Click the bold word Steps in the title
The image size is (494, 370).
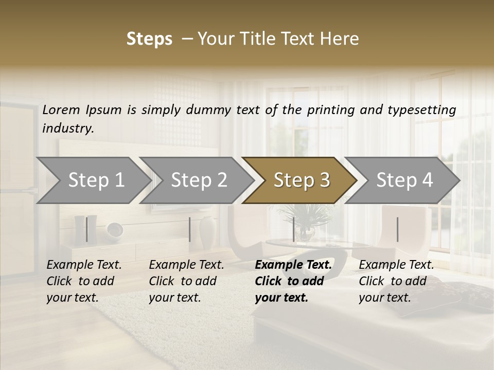click(149, 39)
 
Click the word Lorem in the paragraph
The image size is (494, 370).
click(61, 109)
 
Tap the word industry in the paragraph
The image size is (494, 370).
click(67, 128)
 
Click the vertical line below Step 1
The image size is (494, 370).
click(87, 229)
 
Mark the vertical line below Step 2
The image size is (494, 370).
click(190, 229)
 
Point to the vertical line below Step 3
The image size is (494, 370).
click(294, 229)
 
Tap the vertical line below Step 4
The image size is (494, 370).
click(397, 229)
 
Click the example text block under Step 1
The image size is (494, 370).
click(84, 281)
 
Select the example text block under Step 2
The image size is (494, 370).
click(186, 281)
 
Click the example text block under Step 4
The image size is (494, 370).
click(396, 281)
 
